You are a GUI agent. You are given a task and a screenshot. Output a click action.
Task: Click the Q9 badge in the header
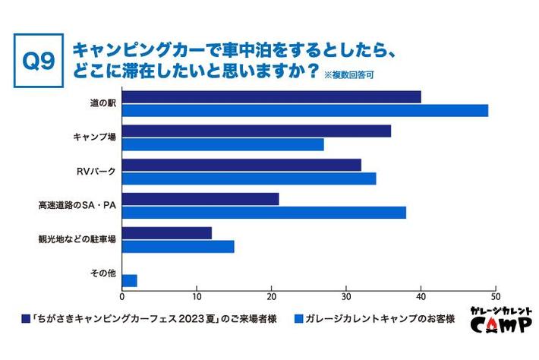click(x=37, y=60)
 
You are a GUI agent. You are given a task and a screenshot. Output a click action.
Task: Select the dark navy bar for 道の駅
click(x=271, y=97)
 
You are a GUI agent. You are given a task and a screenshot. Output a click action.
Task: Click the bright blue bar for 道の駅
click(x=304, y=110)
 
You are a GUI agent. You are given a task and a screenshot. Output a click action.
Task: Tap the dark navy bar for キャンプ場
click(x=257, y=131)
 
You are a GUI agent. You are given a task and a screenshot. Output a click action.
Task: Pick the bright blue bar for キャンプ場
click(x=223, y=144)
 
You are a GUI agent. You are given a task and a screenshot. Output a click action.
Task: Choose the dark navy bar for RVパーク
click(x=241, y=165)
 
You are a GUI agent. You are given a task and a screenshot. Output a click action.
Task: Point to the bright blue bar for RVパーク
click(x=249, y=178)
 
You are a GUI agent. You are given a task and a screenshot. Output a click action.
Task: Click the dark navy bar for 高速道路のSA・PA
click(x=200, y=199)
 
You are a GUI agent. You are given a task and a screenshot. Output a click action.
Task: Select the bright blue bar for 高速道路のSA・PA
click(x=264, y=213)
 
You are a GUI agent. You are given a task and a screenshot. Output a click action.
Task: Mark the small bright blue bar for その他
click(x=129, y=280)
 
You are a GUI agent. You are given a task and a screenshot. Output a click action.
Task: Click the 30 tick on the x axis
click(x=346, y=297)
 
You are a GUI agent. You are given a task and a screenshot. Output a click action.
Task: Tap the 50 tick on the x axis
click(x=496, y=297)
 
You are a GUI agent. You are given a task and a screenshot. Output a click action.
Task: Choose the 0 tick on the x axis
click(x=122, y=297)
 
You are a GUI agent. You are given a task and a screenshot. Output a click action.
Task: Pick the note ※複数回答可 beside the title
click(x=348, y=75)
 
